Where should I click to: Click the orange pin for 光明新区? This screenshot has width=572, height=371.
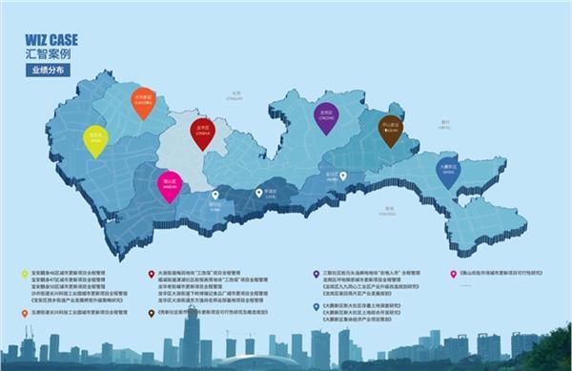click(143, 102)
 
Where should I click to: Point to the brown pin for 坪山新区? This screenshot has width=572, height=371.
click(390, 129)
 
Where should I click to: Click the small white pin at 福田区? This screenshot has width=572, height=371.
click(215, 196)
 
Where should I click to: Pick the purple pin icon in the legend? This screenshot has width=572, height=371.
click(316, 274)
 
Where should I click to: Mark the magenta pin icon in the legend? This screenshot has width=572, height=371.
click(151, 274)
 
